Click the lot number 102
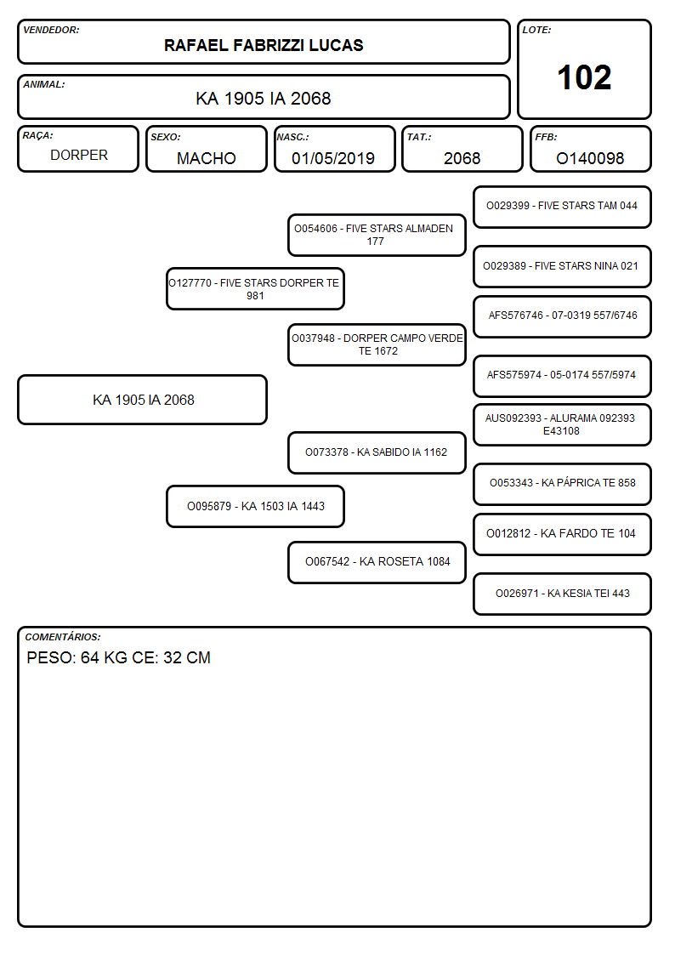point(584,78)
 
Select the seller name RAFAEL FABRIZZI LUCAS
point(264,45)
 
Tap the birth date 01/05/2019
point(333,158)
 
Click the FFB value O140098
point(590,158)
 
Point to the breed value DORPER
point(79,156)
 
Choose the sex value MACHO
point(207,158)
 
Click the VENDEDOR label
point(51,30)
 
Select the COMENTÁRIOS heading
point(63,637)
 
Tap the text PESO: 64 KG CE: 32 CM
point(119,657)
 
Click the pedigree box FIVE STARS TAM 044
point(563,207)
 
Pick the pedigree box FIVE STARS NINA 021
point(563,267)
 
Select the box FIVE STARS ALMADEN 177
point(377,235)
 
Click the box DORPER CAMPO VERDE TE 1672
point(377,345)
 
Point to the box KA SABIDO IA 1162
point(377,452)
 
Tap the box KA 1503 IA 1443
point(256,507)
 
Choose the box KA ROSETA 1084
point(377,562)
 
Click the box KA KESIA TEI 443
point(563,594)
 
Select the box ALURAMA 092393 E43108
point(563,425)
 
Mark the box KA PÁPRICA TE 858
point(563,484)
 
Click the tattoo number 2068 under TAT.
point(462,158)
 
